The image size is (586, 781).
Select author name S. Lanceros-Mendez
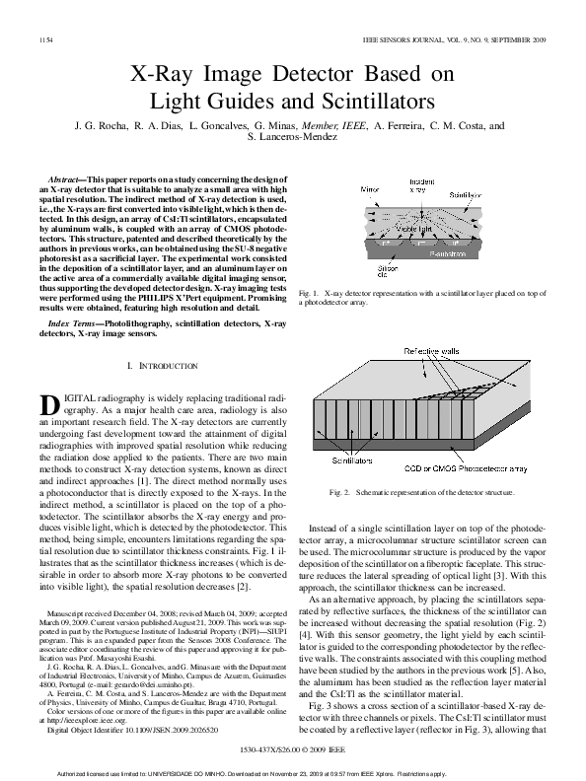pos(293,139)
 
